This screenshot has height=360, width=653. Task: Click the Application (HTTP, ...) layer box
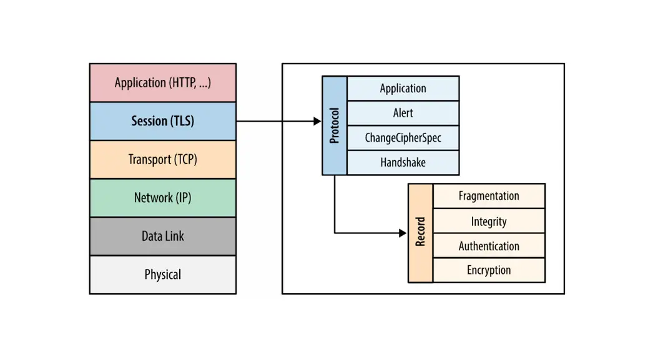[x=162, y=82]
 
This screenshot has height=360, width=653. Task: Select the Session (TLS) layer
[x=162, y=121]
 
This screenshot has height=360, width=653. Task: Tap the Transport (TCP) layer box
[x=162, y=159]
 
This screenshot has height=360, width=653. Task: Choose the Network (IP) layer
[x=162, y=198]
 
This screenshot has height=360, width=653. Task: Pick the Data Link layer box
[x=162, y=236]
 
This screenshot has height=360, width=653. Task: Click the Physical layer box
[x=162, y=275]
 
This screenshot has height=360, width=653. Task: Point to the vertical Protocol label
[x=334, y=125]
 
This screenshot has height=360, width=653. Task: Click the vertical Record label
[x=420, y=232]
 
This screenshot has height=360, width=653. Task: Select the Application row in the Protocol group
[x=403, y=89]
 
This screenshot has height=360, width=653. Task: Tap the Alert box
[x=403, y=113]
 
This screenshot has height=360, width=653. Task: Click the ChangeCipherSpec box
[x=403, y=138]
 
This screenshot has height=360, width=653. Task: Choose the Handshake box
[x=403, y=162]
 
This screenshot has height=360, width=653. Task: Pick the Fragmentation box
[x=489, y=196]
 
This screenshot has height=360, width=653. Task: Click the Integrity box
[x=489, y=221]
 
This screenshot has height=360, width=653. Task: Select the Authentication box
[x=489, y=246]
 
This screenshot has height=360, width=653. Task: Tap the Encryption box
[x=489, y=270]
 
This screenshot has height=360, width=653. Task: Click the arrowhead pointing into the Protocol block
[x=317, y=121]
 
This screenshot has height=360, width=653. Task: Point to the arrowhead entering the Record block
[x=403, y=233]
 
